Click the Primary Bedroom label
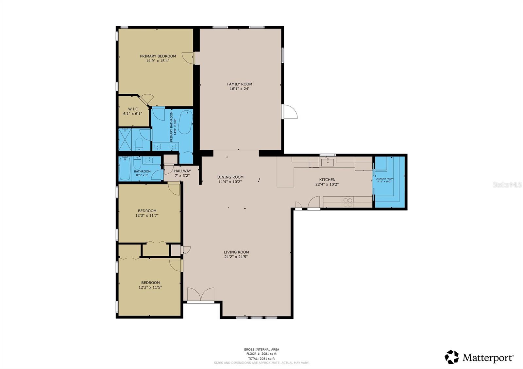pyautogui.click(x=158, y=56)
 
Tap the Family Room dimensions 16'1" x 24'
pyautogui.click(x=240, y=88)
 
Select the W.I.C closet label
pyautogui.click(x=133, y=109)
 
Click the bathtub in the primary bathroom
pyautogui.click(x=186, y=122)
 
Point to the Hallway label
pyautogui.click(x=182, y=171)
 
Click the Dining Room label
pyautogui.click(x=230, y=177)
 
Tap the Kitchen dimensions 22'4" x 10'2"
pyautogui.click(x=327, y=184)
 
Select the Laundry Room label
pyautogui.click(x=384, y=179)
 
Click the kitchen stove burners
pyautogui.click(x=348, y=202)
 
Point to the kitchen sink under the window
pyautogui.click(x=328, y=161)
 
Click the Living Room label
pyautogui.click(x=236, y=252)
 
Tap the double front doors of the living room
pyautogui.click(x=201, y=295)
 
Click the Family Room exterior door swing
pyautogui.click(x=290, y=112)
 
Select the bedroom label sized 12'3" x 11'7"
pyautogui.click(x=147, y=211)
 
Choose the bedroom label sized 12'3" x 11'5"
pyautogui.click(x=150, y=283)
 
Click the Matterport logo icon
pyautogui.click(x=452, y=357)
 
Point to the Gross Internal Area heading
pyautogui.click(x=261, y=349)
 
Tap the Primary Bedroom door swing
pyautogui.click(x=188, y=58)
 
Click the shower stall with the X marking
pyautogui.click(x=125, y=139)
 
